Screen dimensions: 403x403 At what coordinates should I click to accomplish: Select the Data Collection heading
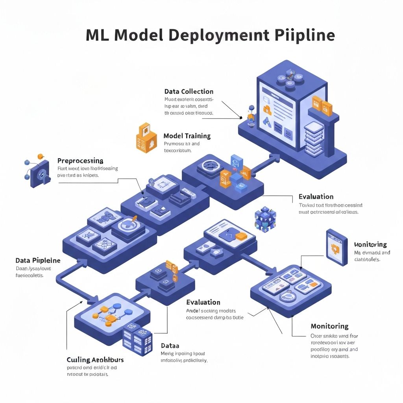(189, 92)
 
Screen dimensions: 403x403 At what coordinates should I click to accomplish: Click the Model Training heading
(187, 136)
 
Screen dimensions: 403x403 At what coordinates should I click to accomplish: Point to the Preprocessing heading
(80, 161)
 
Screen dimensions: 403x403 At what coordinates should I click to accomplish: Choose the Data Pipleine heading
(38, 261)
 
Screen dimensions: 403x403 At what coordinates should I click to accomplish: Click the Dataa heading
(170, 346)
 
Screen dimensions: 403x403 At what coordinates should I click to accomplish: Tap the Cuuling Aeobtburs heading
(95, 360)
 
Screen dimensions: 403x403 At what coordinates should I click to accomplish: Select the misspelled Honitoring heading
(370, 244)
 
